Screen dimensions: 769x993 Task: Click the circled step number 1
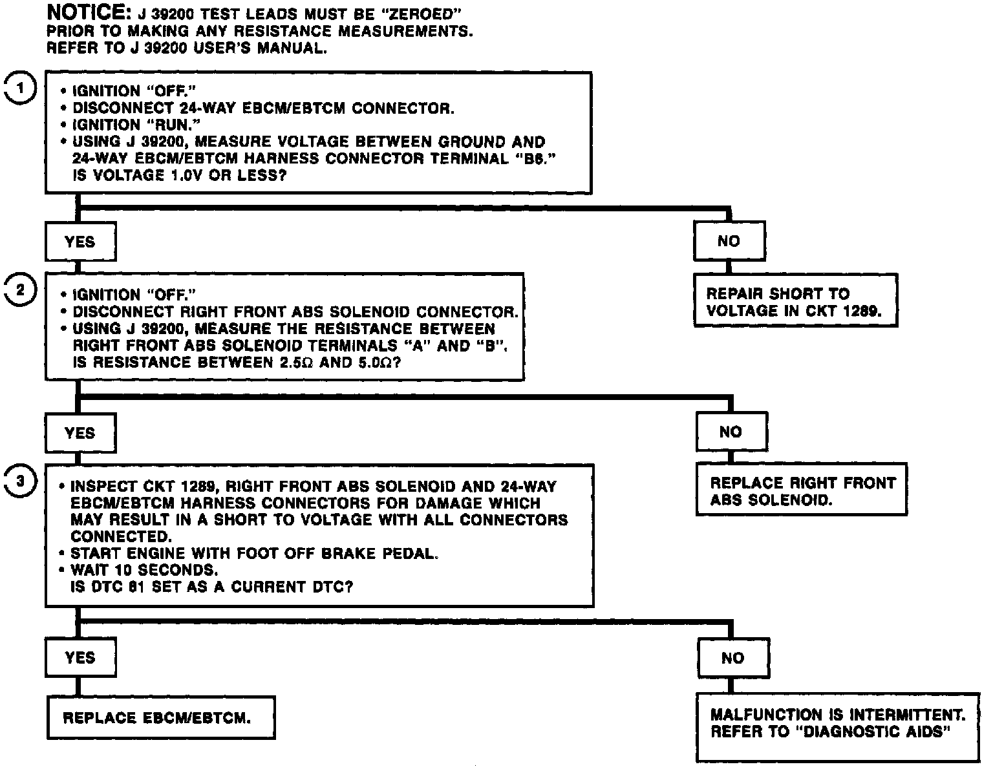click(22, 89)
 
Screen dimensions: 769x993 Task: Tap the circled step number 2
click(21, 290)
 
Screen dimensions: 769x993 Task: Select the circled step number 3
click(21, 481)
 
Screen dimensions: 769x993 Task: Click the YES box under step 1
click(80, 242)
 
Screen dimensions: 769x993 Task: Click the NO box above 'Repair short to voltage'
click(729, 241)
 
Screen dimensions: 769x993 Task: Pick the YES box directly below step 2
click(80, 432)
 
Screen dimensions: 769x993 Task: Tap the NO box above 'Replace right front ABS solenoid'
click(731, 432)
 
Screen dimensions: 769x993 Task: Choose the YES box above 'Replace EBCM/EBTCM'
click(80, 657)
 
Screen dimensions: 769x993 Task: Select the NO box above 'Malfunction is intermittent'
click(733, 658)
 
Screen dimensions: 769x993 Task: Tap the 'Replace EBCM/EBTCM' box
click(160, 718)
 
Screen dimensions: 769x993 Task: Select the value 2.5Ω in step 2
click(297, 363)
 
